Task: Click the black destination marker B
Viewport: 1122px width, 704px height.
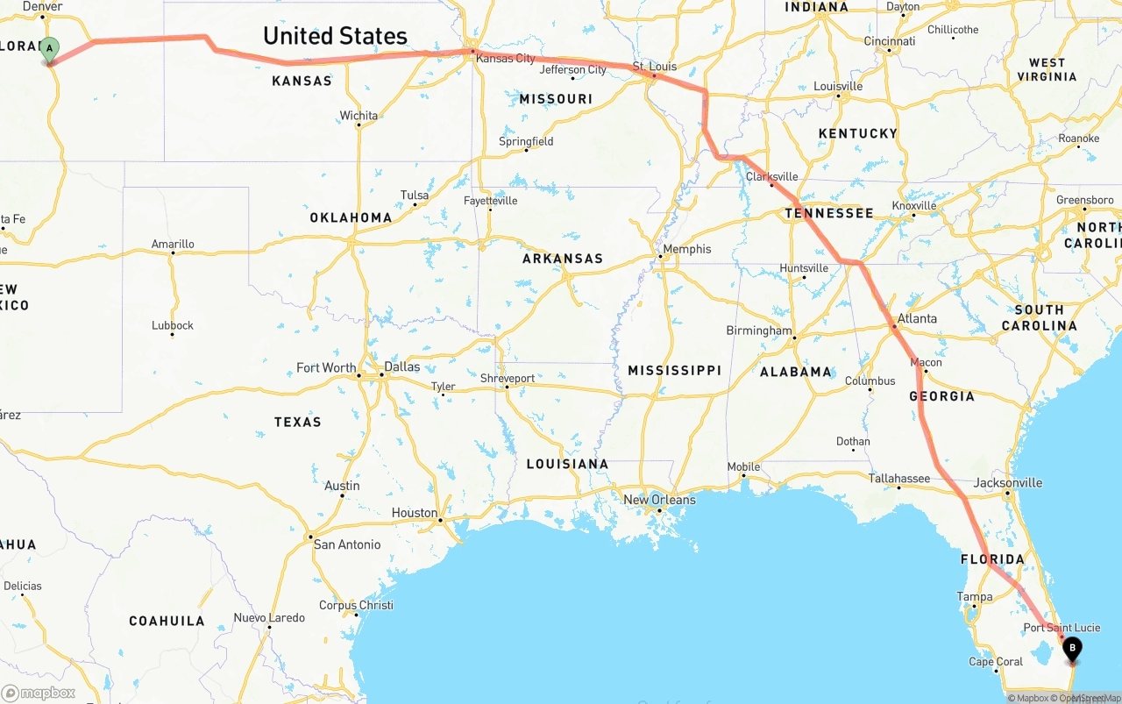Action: [1071, 649]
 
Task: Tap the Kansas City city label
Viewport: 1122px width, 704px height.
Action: [507, 59]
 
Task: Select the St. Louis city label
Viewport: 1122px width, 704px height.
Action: [655, 66]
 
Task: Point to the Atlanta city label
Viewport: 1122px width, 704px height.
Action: [917, 318]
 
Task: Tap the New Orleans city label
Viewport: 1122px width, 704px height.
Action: [659, 500]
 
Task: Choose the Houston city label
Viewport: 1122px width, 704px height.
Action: [414, 513]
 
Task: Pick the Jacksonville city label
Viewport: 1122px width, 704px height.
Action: [1008, 482]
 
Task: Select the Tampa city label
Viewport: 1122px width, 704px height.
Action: [975, 597]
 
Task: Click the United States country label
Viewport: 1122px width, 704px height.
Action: [335, 36]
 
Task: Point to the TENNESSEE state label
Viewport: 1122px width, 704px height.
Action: [828, 213]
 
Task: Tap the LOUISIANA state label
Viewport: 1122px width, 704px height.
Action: [567, 464]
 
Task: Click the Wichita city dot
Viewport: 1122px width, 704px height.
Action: [359, 124]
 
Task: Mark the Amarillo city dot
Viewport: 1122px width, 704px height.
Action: [173, 253]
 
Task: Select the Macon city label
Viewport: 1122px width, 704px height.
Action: [927, 362]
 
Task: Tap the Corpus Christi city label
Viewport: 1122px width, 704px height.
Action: [356, 605]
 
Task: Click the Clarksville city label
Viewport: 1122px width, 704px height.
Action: [771, 176]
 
